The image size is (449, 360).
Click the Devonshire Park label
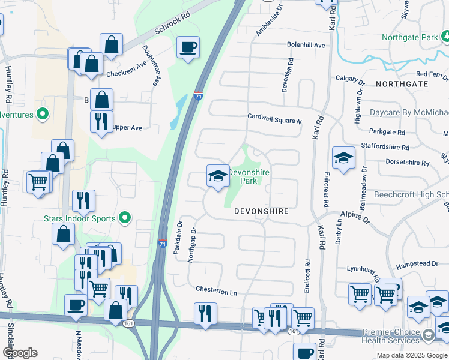[x=249, y=176]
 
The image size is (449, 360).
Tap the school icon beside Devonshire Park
[x=218, y=176]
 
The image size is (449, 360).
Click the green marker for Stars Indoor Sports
[x=125, y=218]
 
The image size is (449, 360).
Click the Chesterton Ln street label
[x=216, y=291]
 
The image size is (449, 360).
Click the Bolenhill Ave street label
[x=306, y=45]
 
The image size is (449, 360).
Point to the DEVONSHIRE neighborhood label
[x=261, y=212]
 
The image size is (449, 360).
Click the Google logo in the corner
[x=19, y=353]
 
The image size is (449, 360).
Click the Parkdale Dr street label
[x=178, y=238]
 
